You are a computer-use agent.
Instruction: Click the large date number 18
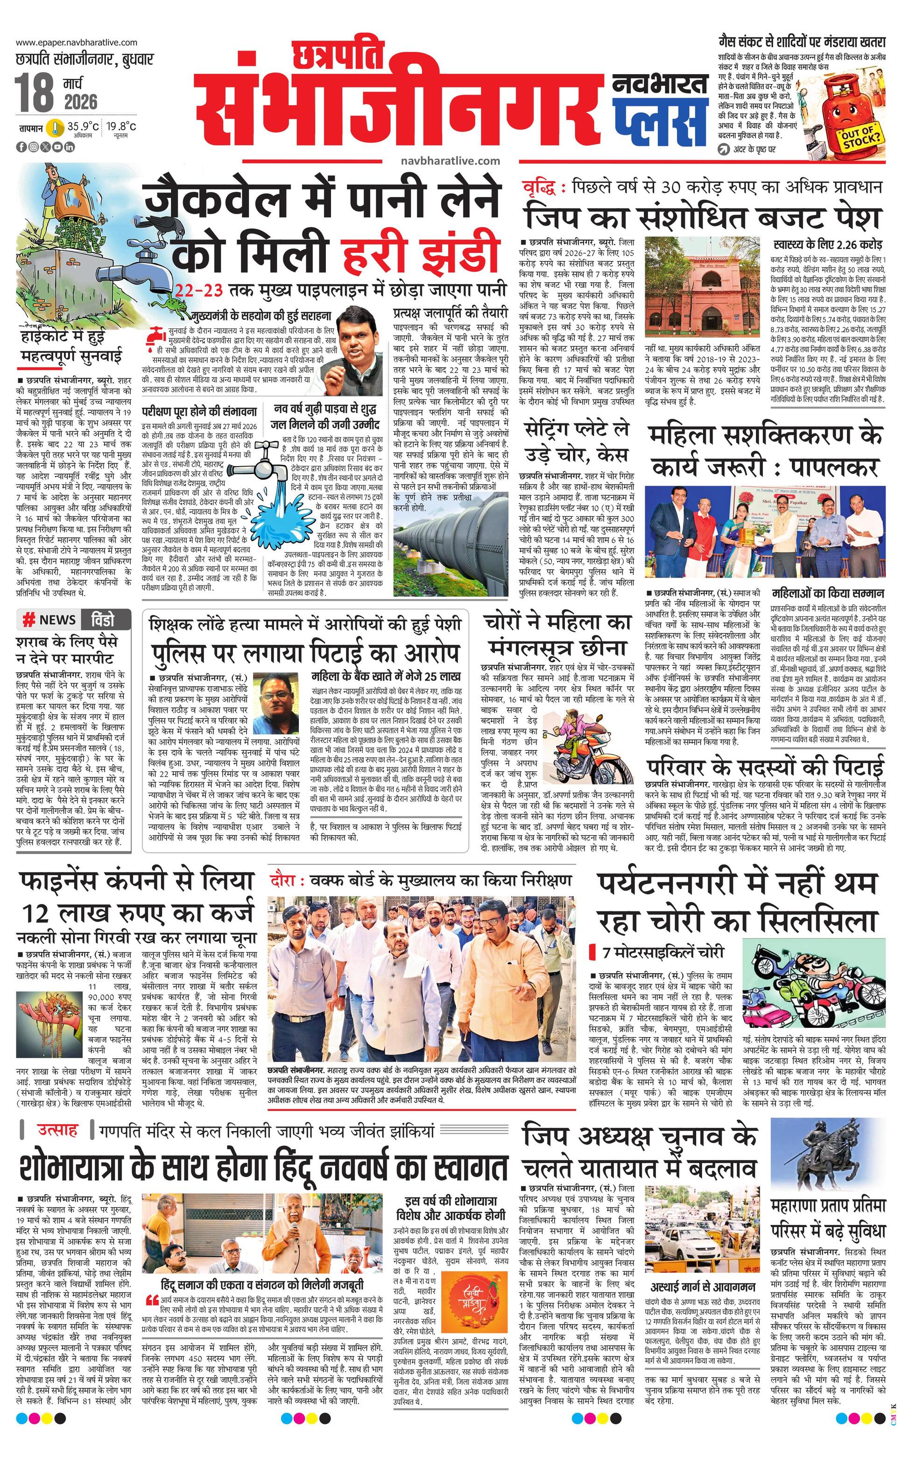tap(35, 92)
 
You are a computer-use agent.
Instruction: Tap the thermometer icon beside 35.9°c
tap(56, 127)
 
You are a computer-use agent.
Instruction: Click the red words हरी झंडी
tap(421, 254)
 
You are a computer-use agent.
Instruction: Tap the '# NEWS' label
tap(49, 619)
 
